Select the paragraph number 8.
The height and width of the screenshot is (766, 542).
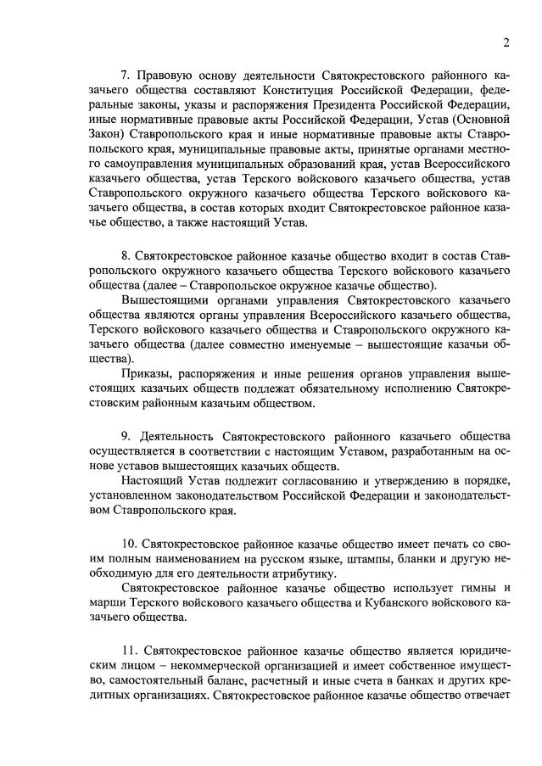pos(126,255)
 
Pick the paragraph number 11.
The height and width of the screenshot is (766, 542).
pos(128,649)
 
